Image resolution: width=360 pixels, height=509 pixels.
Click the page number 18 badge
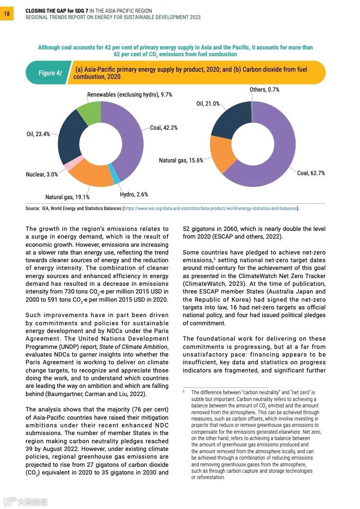7,14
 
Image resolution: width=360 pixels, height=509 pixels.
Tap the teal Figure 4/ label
48,73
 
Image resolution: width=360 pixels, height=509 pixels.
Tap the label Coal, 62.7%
311,173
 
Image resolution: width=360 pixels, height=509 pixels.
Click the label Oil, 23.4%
38,134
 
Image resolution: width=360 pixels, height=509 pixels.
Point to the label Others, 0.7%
264,90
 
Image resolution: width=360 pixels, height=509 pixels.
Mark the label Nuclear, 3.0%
42,175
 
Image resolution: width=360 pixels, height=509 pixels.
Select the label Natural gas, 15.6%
181,161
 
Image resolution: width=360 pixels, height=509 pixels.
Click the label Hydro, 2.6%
134,195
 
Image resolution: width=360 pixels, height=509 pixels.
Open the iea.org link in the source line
210,209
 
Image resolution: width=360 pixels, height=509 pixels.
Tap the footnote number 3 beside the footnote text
184,391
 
